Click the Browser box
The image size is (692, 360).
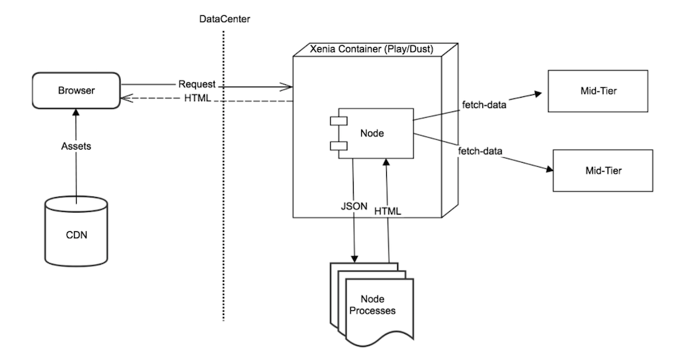coord(75,91)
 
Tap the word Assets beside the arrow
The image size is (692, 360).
coord(75,147)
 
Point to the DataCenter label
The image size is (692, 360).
coord(224,19)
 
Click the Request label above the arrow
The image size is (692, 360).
coord(196,83)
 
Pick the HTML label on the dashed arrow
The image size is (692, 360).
coord(197,100)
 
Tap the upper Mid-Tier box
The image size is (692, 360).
coord(597,90)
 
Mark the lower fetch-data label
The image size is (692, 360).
coord(480,150)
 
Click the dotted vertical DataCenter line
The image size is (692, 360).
coord(224,208)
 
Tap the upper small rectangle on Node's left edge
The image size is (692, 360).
coord(336,121)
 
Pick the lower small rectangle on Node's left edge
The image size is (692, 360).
coord(336,145)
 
